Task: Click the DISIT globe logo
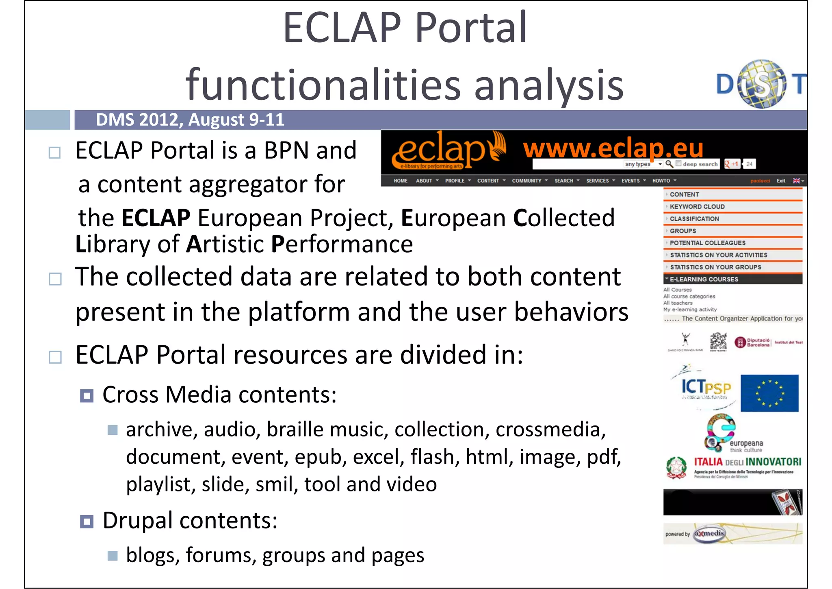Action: pos(761,84)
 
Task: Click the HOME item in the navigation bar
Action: pos(400,181)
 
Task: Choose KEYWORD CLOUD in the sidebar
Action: pos(697,207)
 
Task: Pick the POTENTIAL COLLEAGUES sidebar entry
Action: pos(707,243)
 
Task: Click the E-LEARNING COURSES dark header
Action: pos(704,279)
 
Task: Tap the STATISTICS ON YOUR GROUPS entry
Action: pos(715,267)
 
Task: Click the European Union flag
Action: pos(769,393)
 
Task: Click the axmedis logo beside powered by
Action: pos(709,534)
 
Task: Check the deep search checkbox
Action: pos(678,164)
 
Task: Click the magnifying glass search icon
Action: pos(669,164)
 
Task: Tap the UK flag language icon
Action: pos(796,181)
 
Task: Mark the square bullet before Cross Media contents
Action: pos(87,395)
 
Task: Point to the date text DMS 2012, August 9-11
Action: pos(190,120)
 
